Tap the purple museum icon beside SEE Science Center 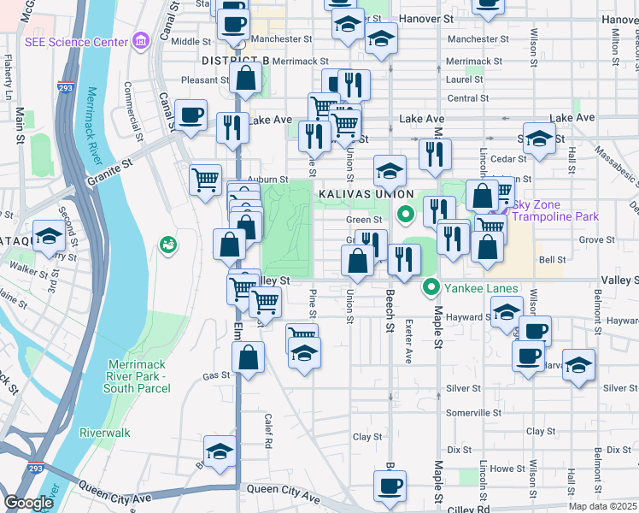pyautogui.click(x=140, y=40)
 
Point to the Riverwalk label pyautogui.click(x=105, y=433)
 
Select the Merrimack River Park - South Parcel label pyautogui.click(x=139, y=376)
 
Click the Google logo pyautogui.click(x=28, y=503)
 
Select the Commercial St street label pyautogui.click(x=132, y=110)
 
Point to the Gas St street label pyautogui.click(x=211, y=376)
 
